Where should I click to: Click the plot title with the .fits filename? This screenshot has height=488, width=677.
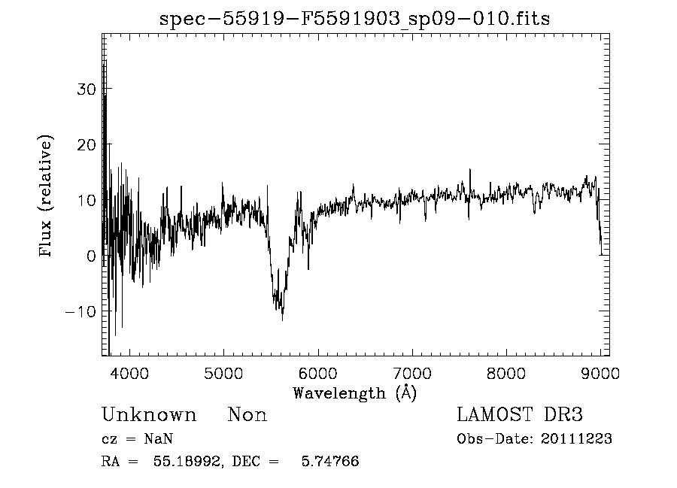click(355, 19)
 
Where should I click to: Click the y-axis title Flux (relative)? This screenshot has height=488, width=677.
click(47, 197)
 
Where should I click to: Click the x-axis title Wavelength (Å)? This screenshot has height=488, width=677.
click(354, 393)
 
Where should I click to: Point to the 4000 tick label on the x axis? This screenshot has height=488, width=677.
click(130, 373)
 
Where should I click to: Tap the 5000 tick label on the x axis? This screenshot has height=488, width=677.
click(224, 373)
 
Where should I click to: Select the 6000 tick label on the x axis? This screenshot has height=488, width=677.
click(318, 373)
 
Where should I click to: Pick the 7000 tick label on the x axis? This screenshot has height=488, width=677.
click(412, 373)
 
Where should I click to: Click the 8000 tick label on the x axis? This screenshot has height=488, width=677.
click(506, 373)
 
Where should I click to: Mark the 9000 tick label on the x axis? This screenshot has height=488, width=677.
click(600, 373)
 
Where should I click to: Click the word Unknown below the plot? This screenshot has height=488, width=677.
click(149, 415)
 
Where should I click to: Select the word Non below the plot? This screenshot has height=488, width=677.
click(247, 415)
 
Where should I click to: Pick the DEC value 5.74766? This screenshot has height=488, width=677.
click(332, 462)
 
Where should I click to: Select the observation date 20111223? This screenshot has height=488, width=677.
click(576, 439)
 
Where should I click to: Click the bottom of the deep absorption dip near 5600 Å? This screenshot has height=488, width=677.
click(282, 320)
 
